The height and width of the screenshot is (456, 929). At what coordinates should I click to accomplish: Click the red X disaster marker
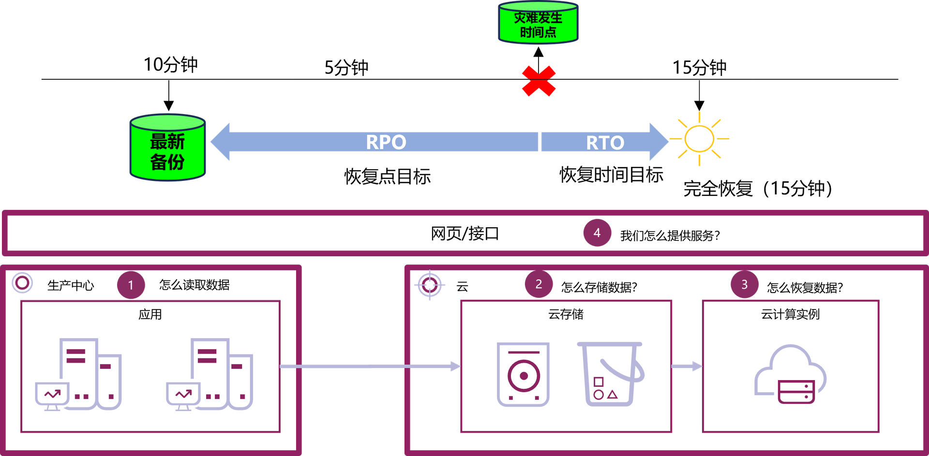click(539, 81)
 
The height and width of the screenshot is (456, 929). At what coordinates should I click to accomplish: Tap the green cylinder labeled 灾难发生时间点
click(538, 23)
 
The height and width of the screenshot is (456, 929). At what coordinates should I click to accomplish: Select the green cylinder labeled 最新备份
click(167, 148)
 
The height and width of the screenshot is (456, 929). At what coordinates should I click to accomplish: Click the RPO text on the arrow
click(386, 142)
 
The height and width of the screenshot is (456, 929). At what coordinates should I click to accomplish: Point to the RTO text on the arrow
click(605, 143)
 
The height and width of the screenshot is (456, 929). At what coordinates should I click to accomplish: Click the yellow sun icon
click(699, 139)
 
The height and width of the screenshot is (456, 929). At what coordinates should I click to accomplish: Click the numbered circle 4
click(597, 233)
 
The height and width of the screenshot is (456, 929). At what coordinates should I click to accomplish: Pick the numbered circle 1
click(131, 285)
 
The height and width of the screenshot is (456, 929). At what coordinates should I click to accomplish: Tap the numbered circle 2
click(539, 284)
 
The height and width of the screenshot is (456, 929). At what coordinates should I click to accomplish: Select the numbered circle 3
click(744, 284)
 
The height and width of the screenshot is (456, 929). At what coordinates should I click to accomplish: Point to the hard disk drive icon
click(523, 374)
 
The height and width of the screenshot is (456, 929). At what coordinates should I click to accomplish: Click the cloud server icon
click(790, 374)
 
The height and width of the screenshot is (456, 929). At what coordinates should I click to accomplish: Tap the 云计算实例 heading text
click(790, 314)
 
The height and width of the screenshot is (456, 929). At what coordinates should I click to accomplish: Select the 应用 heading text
click(150, 314)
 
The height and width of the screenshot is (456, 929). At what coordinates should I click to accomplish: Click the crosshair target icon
click(430, 285)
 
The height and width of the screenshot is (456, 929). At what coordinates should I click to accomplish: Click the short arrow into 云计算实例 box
click(687, 367)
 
